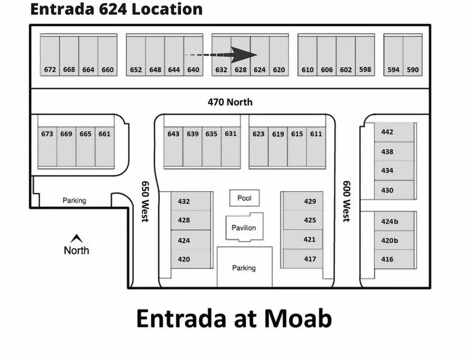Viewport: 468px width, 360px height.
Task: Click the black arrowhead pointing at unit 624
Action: click(244, 55)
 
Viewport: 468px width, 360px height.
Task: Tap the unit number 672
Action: click(50, 70)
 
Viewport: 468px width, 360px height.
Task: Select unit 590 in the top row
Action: click(413, 55)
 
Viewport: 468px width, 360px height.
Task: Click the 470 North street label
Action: click(230, 102)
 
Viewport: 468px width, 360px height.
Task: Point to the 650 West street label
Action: click(145, 201)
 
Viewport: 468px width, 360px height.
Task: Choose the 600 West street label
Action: click(346, 201)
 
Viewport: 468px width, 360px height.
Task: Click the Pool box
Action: click(244, 198)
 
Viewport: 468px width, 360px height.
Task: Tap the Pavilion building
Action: click(244, 227)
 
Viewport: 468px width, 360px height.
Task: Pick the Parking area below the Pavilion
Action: click(244, 267)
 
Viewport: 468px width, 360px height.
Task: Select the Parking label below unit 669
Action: click(75, 200)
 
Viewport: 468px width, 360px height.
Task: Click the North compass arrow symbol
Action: click(76, 238)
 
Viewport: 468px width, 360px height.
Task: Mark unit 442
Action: click(394, 132)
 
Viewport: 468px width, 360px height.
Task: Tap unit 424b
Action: click(394, 221)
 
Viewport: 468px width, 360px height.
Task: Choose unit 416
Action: click(394, 259)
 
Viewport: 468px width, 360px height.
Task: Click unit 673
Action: click(47, 147)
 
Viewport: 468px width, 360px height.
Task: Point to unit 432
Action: click(191, 201)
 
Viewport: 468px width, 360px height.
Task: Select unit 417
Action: click(303, 258)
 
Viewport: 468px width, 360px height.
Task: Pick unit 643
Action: click(173, 147)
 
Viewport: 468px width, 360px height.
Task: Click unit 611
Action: click(316, 147)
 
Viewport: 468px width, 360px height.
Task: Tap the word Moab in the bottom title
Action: click(298, 319)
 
